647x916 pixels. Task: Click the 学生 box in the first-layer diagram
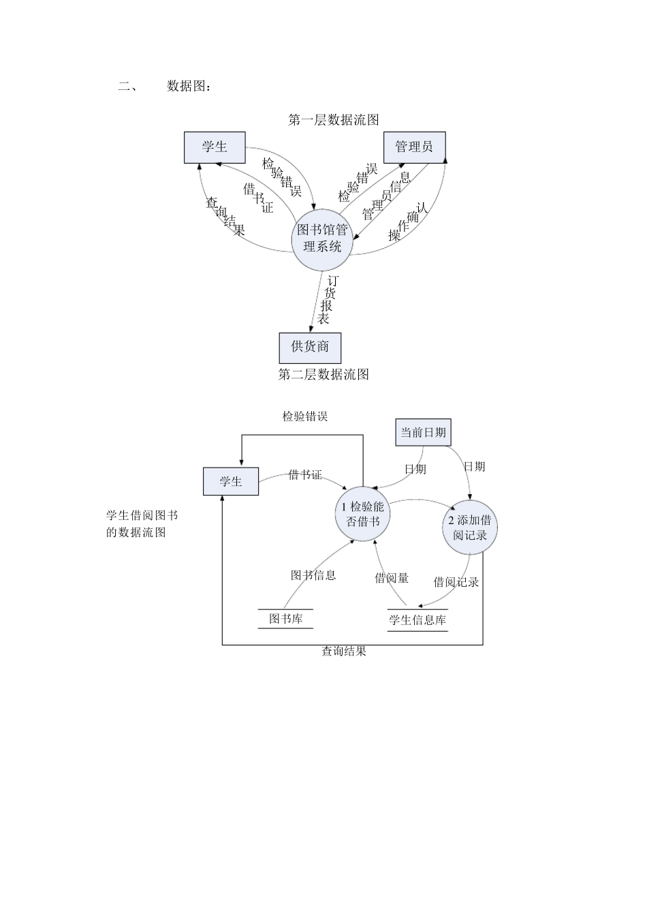pyautogui.click(x=215, y=147)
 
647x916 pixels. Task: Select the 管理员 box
pyautogui.click(x=413, y=147)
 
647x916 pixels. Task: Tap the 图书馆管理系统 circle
pyautogui.click(x=322, y=238)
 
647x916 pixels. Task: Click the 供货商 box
pyautogui.click(x=310, y=347)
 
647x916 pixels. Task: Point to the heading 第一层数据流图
pyautogui.click(x=334, y=120)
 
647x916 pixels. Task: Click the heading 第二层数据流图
pyautogui.click(x=323, y=374)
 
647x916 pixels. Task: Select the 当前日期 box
pyautogui.click(x=423, y=432)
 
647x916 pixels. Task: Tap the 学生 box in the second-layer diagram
pyautogui.click(x=231, y=482)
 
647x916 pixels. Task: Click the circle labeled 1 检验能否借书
pyautogui.click(x=362, y=514)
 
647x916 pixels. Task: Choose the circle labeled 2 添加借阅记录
pyautogui.click(x=469, y=528)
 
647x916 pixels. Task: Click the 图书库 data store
pyautogui.click(x=285, y=619)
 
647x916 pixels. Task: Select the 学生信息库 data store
pyautogui.click(x=417, y=620)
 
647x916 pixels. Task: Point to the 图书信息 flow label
pyautogui.click(x=313, y=575)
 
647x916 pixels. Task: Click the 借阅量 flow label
pyautogui.click(x=392, y=578)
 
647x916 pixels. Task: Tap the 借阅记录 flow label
pyautogui.click(x=456, y=582)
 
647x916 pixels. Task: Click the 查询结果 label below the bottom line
pyautogui.click(x=344, y=652)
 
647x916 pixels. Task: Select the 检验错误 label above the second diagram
pyautogui.click(x=305, y=416)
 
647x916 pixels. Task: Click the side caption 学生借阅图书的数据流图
pyautogui.click(x=141, y=523)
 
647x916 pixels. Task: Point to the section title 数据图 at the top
pyautogui.click(x=189, y=87)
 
